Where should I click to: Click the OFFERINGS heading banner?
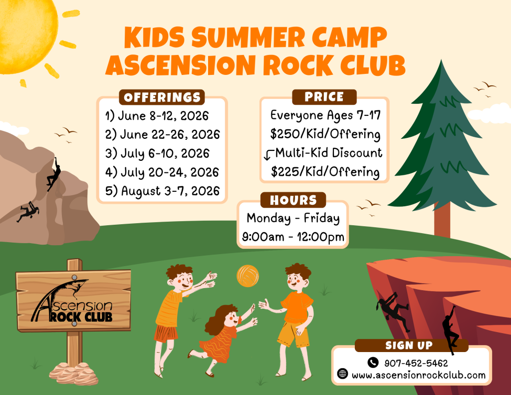[162, 97]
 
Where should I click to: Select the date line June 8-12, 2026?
[157, 116]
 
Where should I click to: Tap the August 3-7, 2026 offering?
[162, 191]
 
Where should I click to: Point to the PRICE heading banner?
[324, 97]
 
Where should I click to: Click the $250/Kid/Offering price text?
[325, 134]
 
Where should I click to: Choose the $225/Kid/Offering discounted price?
[325, 172]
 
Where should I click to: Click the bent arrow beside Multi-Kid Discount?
[268, 155]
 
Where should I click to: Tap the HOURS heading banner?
[293, 200]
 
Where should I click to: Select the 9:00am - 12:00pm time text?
[293, 237]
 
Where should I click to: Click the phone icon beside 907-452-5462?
[373, 363]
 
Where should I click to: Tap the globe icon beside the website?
[342, 374]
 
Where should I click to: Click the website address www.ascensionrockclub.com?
[419, 375]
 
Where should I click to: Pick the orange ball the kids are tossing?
[248, 276]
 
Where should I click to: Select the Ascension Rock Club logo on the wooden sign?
[72, 301]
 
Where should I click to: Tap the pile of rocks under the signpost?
[74, 374]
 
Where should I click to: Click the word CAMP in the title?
[349, 37]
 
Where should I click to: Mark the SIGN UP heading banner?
[409, 346]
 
